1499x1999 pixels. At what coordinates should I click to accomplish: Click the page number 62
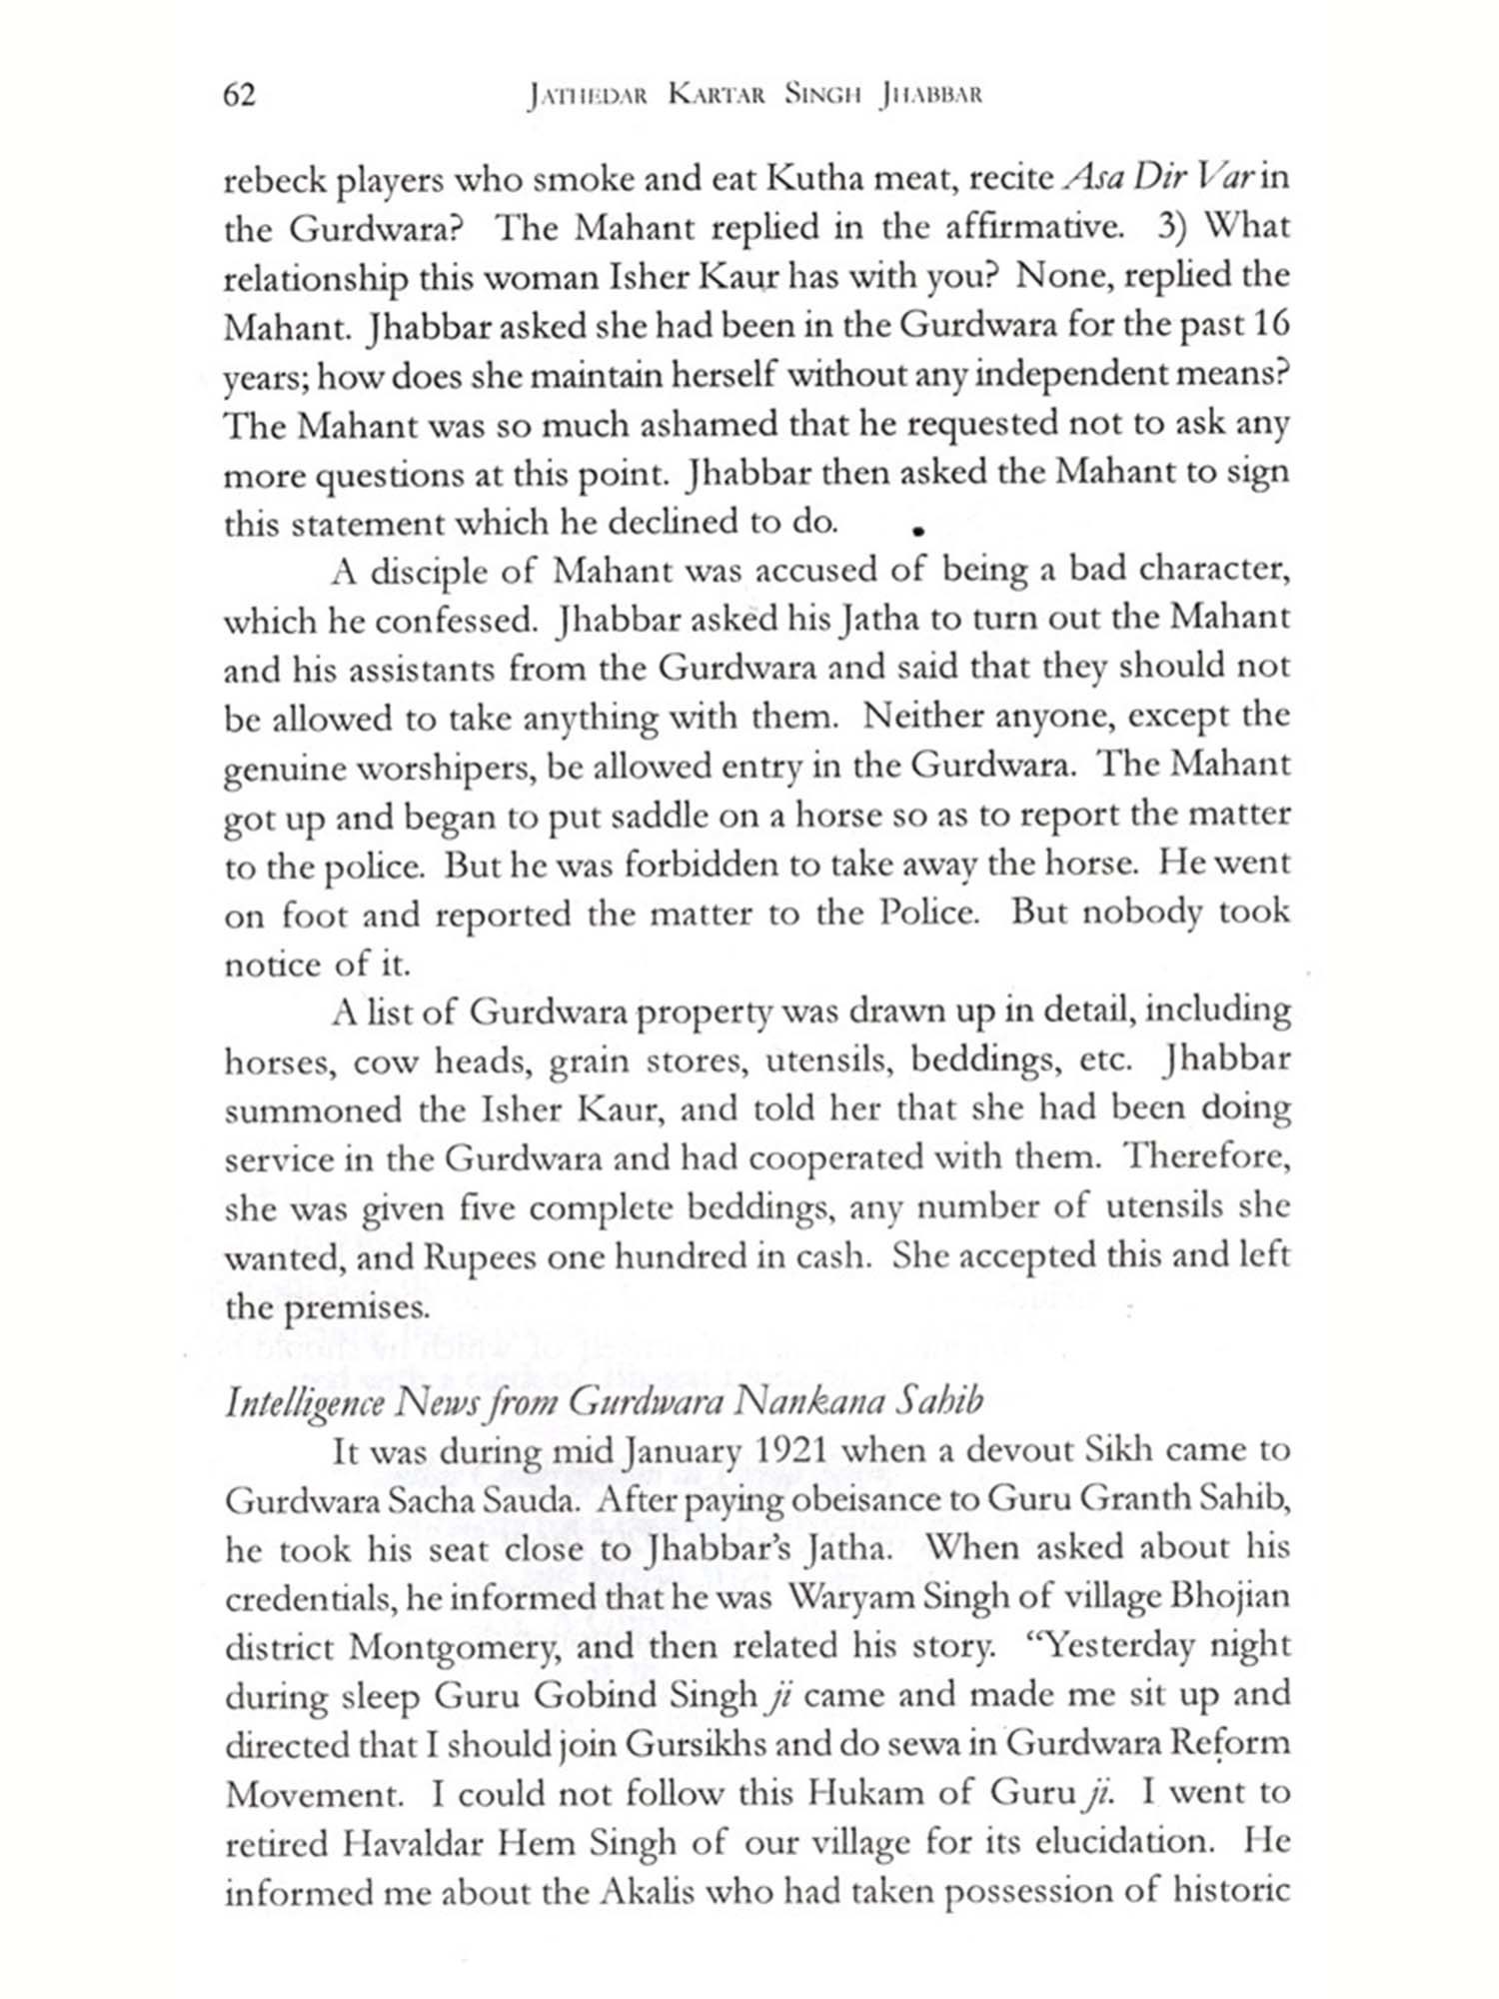[x=240, y=95]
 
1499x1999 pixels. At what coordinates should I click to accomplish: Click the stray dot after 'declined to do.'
[x=915, y=532]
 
